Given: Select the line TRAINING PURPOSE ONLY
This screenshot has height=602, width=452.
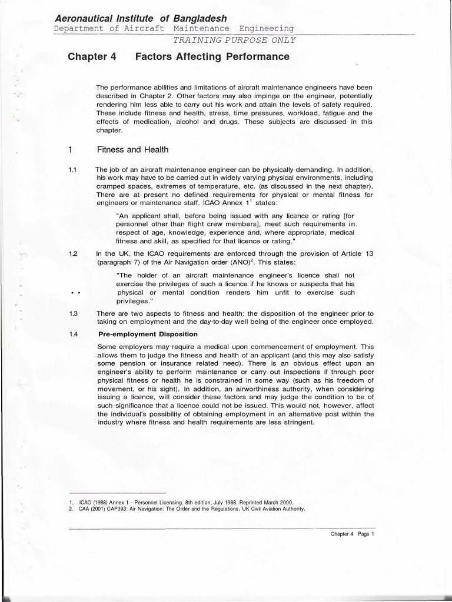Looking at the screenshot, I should pyautogui.click(x=234, y=40).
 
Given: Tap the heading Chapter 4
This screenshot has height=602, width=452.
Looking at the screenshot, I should pyautogui.click(x=92, y=57).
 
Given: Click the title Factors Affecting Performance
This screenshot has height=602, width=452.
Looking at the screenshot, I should pyautogui.click(x=212, y=57).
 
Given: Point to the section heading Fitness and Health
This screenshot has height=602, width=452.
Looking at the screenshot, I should pyautogui.click(x=132, y=150).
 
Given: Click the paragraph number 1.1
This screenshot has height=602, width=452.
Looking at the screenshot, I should pyautogui.click(x=72, y=170).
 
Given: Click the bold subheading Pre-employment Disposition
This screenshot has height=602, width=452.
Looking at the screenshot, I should pyautogui.click(x=148, y=334).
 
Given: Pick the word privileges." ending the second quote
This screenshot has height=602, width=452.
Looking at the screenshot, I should pyautogui.click(x=135, y=301).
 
